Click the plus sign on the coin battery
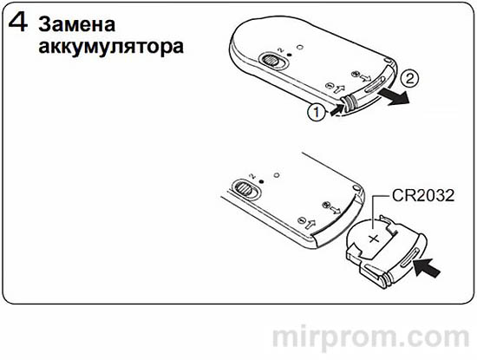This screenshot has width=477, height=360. click(x=374, y=237)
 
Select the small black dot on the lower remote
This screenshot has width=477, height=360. click(x=262, y=173)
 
